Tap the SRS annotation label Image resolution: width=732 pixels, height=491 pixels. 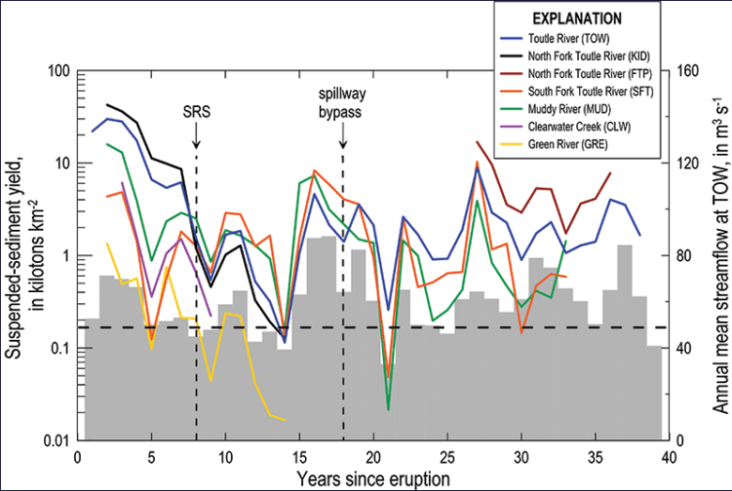pos(196,111)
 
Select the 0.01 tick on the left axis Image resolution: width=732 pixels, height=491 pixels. pos(53,441)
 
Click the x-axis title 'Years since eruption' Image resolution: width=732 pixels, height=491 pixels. pos(373,478)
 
